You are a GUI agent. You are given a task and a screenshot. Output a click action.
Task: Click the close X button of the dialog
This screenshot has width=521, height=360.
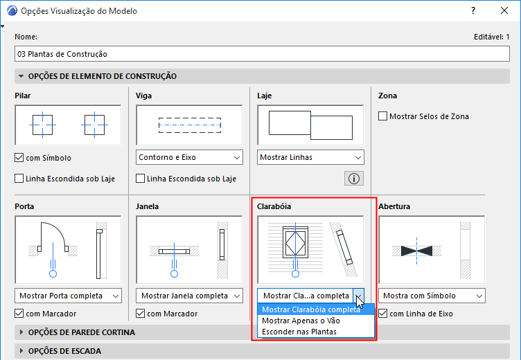[504, 10]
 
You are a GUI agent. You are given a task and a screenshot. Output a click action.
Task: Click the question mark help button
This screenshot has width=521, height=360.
[473, 10]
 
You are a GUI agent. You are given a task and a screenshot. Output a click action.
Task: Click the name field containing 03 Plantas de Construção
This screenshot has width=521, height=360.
[262, 54]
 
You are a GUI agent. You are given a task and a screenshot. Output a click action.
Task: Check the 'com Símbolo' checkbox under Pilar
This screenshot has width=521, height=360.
[19, 157]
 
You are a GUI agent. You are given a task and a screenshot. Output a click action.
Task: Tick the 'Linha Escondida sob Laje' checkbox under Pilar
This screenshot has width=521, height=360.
[19, 179]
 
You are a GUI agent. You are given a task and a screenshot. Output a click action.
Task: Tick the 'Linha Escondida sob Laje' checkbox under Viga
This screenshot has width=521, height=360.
[140, 179]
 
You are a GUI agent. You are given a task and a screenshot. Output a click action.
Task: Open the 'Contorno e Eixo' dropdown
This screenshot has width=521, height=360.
[189, 157]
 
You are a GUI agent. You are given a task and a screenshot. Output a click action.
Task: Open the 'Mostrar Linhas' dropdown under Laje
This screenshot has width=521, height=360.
[310, 157]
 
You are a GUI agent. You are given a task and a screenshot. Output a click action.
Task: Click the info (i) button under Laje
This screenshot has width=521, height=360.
[354, 179]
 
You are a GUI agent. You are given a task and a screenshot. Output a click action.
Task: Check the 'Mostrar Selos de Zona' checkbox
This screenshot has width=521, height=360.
[382, 116]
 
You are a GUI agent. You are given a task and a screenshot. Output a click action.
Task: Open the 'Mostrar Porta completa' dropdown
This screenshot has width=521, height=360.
[68, 296]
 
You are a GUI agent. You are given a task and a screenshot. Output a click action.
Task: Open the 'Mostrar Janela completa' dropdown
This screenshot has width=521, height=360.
[189, 296]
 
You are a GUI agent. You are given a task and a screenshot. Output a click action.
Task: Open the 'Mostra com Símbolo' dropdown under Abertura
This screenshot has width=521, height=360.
[432, 296]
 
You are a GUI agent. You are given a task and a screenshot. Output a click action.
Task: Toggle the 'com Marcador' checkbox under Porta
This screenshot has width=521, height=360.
[19, 313]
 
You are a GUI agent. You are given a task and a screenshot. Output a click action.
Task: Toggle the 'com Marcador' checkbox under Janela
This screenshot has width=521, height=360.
[140, 313]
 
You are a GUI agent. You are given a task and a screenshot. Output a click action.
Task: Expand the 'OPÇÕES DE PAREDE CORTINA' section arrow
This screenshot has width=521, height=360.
[21, 332]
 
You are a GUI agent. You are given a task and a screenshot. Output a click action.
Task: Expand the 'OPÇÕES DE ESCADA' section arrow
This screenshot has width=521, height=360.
[21, 351]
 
